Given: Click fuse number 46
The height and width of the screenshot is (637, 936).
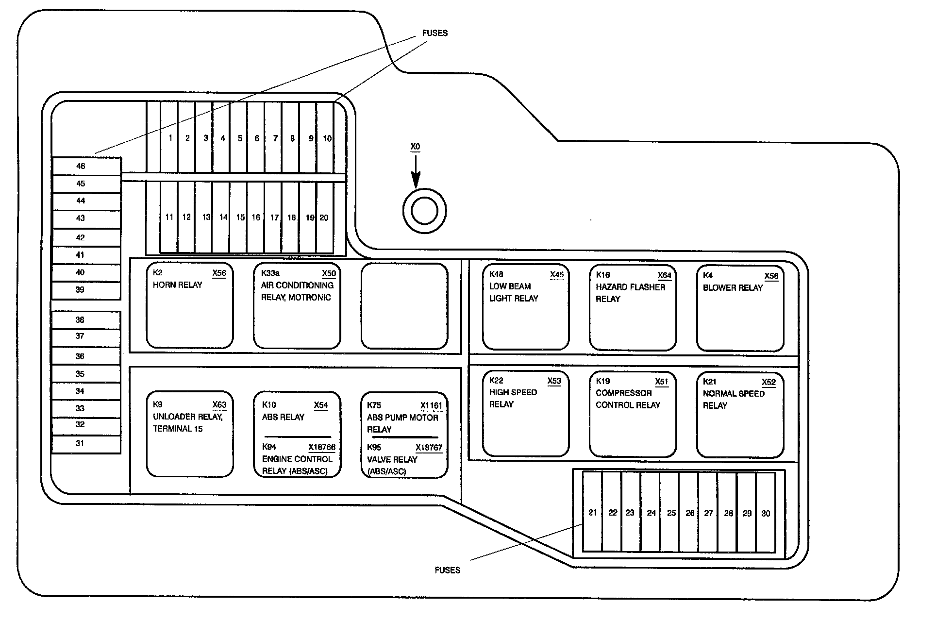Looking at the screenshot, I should pyautogui.click(x=81, y=166).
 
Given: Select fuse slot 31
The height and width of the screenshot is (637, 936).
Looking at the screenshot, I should pyautogui.click(x=80, y=443).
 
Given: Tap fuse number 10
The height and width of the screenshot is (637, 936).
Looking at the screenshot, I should pyautogui.click(x=327, y=138).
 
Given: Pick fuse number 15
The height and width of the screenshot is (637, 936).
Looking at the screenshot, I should pyautogui.click(x=240, y=218).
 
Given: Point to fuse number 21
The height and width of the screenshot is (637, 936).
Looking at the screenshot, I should pyautogui.click(x=592, y=513).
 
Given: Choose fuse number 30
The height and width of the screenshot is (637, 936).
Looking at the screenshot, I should pyautogui.click(x=766, y=513).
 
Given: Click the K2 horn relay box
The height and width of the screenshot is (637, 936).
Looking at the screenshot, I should pyautogui.click(x=190, y=306).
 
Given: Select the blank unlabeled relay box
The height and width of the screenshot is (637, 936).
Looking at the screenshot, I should pyautogui.click(x=404, y=306).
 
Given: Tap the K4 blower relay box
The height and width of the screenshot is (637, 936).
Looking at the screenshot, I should pyautogui.click(x=740, y=308).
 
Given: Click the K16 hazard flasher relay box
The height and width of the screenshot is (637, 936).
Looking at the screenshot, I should pyautogui.click(x=633, y=308).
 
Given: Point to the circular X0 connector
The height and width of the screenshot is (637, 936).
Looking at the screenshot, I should pyautogui.click(x=424, y=211).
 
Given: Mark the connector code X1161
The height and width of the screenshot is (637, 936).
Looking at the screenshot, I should pyautogui.click(x=431, y=405).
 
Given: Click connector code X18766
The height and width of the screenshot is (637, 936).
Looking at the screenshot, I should pyautogui.click(x=322, y=447).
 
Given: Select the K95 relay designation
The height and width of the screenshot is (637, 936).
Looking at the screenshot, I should pyautogui.click(x=374, y=447).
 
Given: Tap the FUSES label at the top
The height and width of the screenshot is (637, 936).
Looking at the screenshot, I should pyautogui.click(x=435, y=33).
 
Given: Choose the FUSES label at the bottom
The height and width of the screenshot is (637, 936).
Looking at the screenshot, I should pyautogui.click(x=447, y=570).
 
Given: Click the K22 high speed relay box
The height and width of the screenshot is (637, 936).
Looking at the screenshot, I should pyautogui.click(x=526, y=414).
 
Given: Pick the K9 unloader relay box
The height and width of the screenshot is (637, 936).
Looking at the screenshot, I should pyautogui.click(x=190, y=435).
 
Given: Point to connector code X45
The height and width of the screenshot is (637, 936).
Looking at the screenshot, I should pyautogui.click(x=557, y=275).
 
